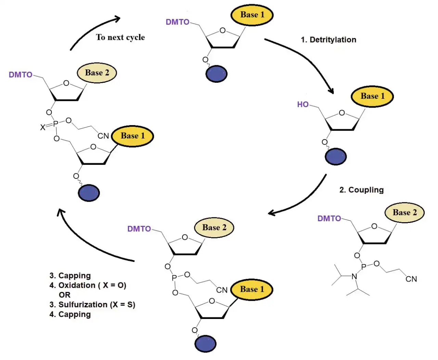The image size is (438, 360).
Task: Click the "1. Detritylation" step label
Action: point(328,40)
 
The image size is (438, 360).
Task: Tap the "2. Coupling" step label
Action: point(361,190)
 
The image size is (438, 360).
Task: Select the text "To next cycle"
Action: point(120,37)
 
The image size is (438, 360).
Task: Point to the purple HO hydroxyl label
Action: point(302,104)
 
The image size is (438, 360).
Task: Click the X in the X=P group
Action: point(43,128)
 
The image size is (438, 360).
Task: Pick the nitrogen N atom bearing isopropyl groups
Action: point(354,277)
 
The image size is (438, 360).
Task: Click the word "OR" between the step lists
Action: point(64,295)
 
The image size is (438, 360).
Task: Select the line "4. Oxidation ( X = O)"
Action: point(88,285)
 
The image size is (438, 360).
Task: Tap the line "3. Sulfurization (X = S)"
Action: point(92,305)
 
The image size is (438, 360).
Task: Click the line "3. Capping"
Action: point(70,276)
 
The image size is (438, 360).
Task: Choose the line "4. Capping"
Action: point(70,314)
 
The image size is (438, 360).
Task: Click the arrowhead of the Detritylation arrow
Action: point(331,91)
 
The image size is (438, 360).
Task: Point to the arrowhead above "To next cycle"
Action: point(117,18)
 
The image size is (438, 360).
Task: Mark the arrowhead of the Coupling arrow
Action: point(272,213)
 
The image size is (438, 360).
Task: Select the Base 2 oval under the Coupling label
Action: point(404,212)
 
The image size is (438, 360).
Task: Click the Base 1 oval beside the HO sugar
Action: point(372,96)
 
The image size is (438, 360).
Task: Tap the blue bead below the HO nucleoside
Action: point(335,157)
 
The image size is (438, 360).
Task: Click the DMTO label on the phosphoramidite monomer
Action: point(329,218)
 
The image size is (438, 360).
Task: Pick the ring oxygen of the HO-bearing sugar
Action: point(342,113)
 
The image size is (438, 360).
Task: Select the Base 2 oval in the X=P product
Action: point(97,72)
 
